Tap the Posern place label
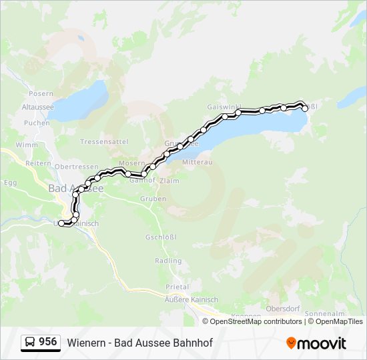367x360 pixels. [41, 93]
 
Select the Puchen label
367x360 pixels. [37, 123]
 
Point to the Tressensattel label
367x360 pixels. [103, 142]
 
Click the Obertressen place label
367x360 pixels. [73, 167]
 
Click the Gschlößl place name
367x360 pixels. [160, 237]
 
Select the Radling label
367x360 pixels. [167, 261]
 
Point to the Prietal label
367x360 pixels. [177, 287]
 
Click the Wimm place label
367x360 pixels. [27, 145]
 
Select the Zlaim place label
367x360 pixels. [169, 180]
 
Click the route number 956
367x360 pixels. [47, 342]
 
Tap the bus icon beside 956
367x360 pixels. [30, 343]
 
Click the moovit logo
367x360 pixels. [316, 343]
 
